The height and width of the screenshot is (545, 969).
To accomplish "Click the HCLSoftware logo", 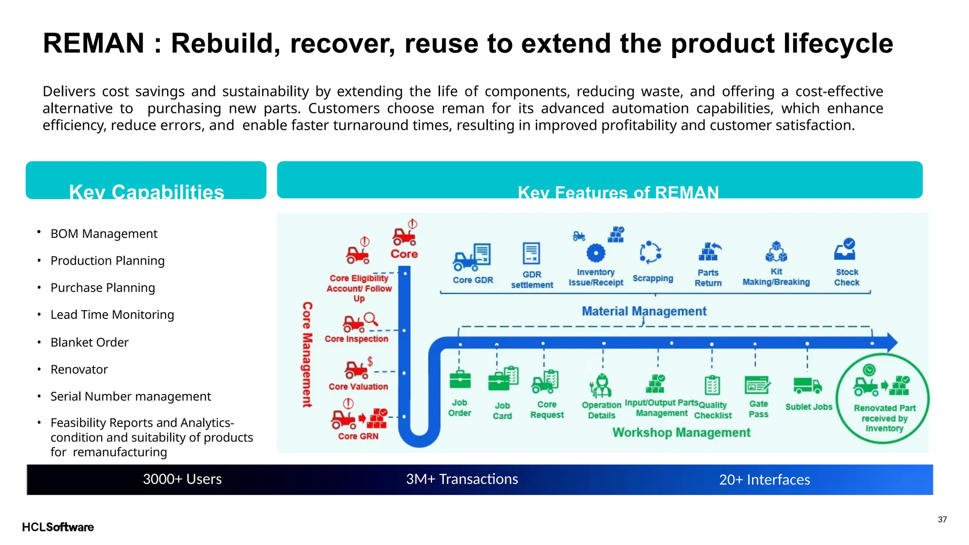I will coord(58,527).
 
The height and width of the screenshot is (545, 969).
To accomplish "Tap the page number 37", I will coord(942,519).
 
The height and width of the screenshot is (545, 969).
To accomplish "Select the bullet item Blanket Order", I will coord(89,342).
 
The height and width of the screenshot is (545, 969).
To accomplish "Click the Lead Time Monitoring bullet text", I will coord(112,315).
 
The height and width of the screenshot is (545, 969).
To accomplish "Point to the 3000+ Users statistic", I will coord(182,479).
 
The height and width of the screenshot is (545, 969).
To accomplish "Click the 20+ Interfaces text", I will coord(764,480).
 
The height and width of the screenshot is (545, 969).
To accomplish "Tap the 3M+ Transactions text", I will coord(462,479).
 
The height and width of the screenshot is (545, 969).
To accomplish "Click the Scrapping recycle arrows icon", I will coord(650,252).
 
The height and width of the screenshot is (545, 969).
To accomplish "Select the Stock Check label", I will coord(846,277).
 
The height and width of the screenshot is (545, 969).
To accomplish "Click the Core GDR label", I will coord(473,280).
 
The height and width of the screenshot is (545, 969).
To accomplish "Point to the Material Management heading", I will coord(643,311).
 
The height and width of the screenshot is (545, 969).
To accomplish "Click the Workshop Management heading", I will coord(681,432).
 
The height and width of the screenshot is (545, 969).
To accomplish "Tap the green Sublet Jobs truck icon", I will coord(807,386).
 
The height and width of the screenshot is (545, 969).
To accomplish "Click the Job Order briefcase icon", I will coord(459,379).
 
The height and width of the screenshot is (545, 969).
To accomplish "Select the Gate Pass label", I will coord(758,409).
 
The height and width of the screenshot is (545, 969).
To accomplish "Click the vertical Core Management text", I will coord(307,354).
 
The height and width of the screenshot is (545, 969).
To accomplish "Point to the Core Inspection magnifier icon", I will coord(370,318).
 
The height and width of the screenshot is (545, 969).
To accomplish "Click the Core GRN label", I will coord(358,436).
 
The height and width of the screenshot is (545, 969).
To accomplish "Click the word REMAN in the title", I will coord(93,44).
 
